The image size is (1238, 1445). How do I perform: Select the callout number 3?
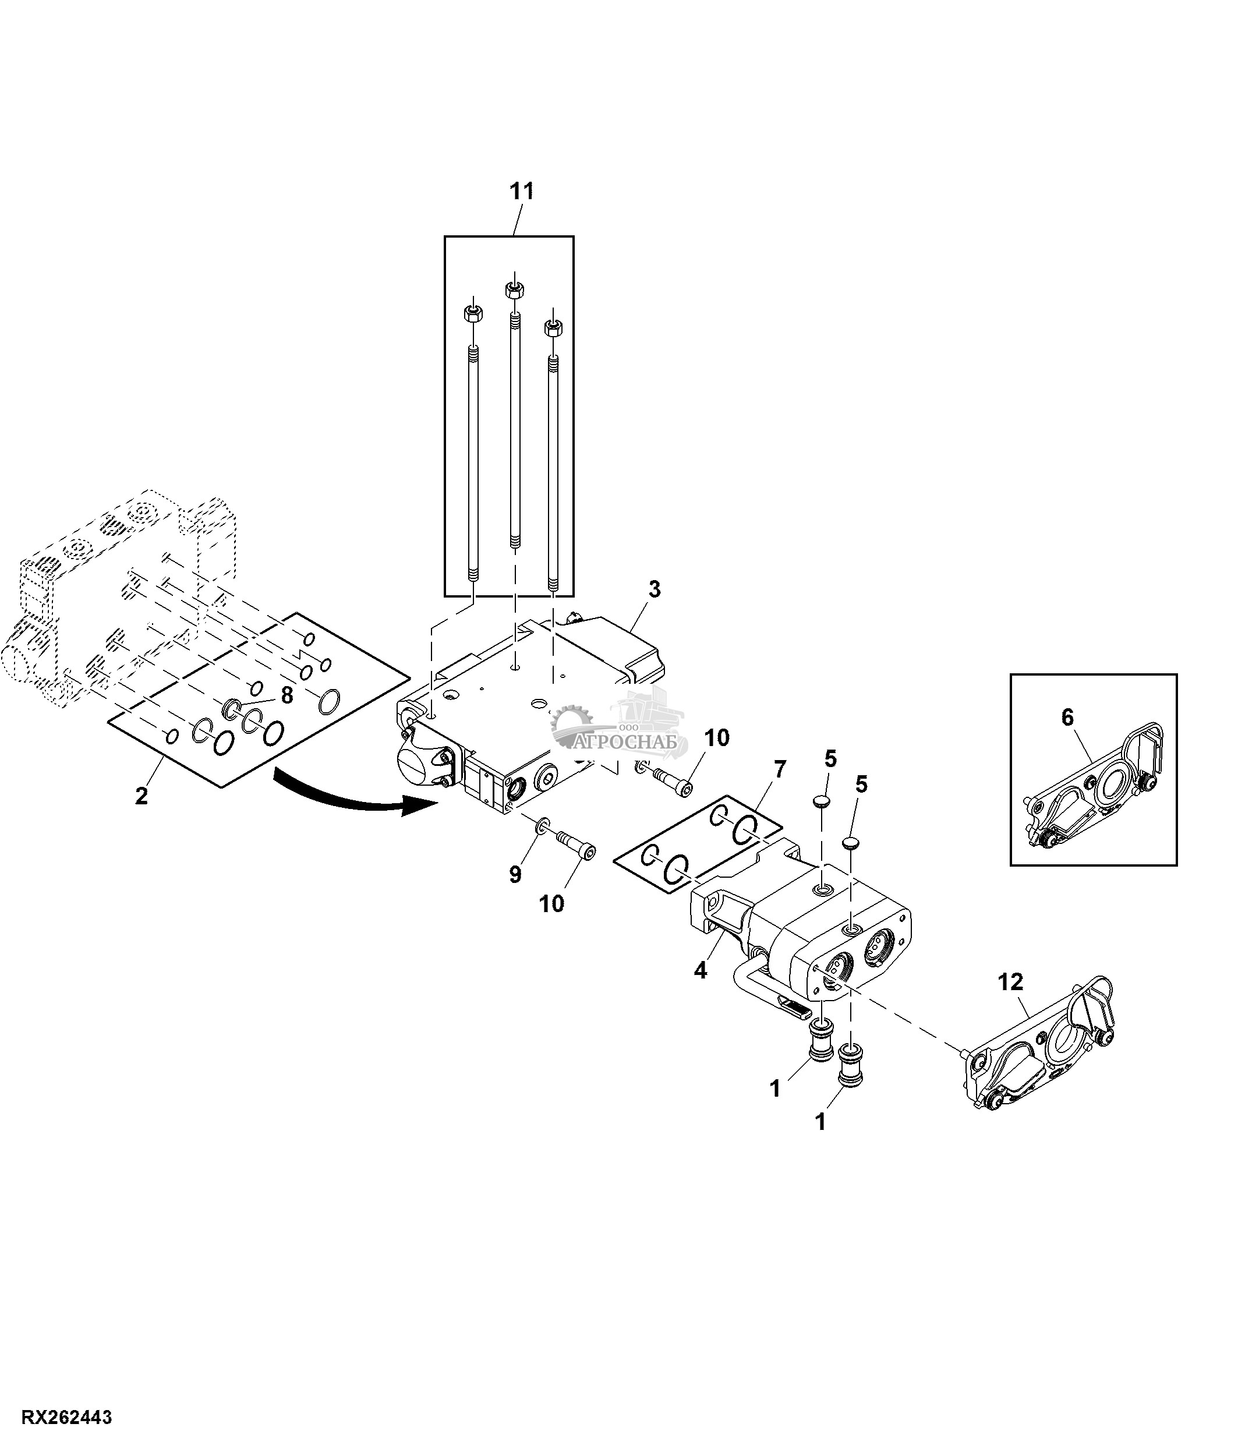point(654,589)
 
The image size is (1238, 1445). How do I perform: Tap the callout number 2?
point(142,796)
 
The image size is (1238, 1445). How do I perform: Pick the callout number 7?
point(779,770)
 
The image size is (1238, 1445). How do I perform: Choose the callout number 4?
point(701,970)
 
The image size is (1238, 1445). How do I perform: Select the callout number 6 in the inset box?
point(1067,717)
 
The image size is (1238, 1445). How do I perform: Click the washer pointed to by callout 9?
point(541,827)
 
